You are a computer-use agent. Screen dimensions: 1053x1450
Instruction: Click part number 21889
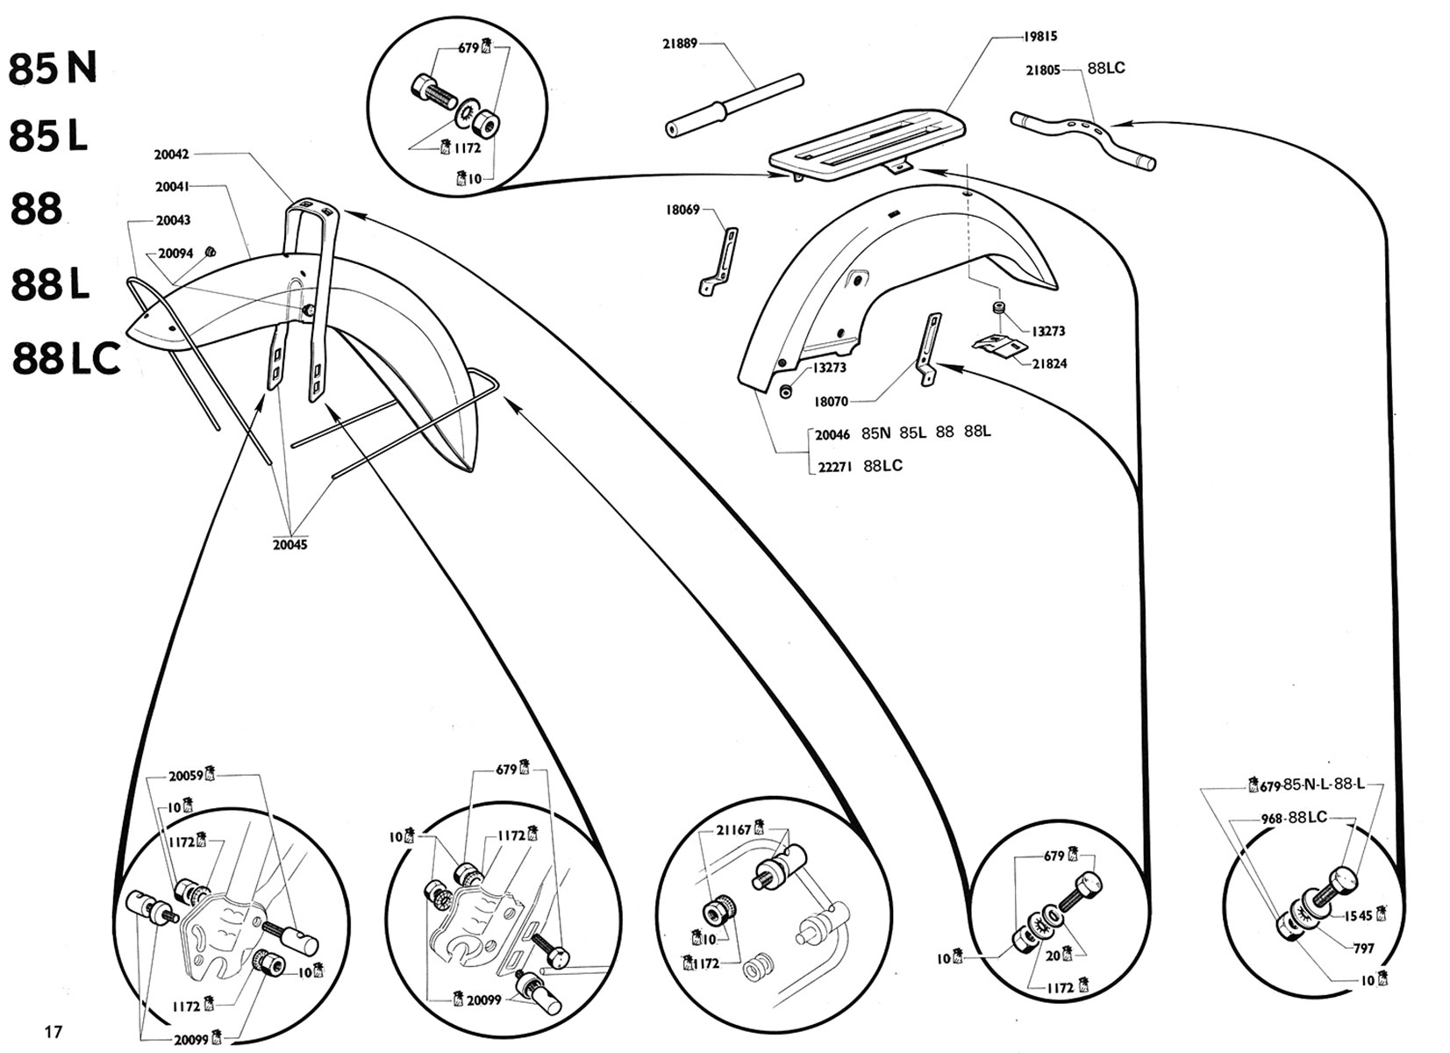coord(679,43)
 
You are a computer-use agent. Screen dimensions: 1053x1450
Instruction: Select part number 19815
coord(1039,37)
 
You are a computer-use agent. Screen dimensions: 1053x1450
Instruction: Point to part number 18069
coord(683,211)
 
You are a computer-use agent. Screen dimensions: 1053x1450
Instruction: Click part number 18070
coord(830,401)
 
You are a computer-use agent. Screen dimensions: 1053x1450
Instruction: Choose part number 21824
coord(1049,363)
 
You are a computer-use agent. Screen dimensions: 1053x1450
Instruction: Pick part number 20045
coord(289,544)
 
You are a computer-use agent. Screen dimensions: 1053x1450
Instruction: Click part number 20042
coord(171,154)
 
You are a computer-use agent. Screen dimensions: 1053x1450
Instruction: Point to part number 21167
coord(733,829)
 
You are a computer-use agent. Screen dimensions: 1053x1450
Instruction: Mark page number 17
coord(54,1031)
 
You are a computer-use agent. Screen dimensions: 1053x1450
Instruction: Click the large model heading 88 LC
coord(67,358)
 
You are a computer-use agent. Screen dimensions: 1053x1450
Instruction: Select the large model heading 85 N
coord(53,69)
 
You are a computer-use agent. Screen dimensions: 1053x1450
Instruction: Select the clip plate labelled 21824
coord(998,344)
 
